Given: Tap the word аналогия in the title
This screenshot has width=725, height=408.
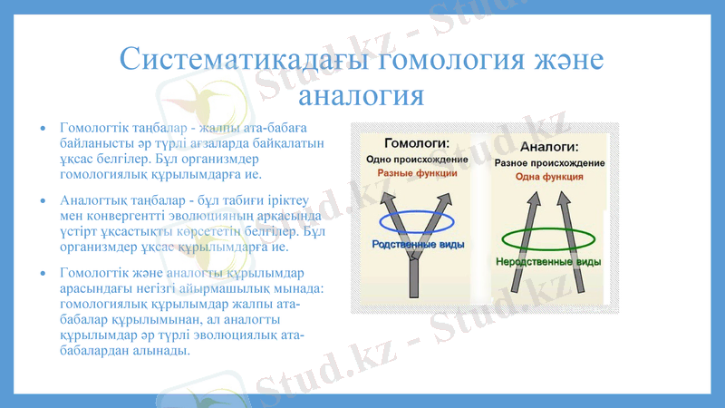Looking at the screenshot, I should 362,93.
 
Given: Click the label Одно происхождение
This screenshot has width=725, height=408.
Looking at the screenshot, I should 417,159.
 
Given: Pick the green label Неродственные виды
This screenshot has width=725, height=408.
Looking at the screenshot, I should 548,261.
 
